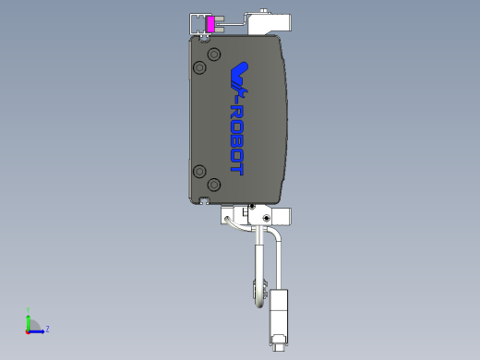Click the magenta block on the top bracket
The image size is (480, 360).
coord(210,24)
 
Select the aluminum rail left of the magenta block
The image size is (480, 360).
coord(197,23)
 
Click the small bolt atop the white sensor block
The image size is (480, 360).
coord(267,10)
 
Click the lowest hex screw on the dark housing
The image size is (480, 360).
coord(214,185)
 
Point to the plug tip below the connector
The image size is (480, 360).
coord(278,348)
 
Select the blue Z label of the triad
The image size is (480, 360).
coord(47,329)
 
